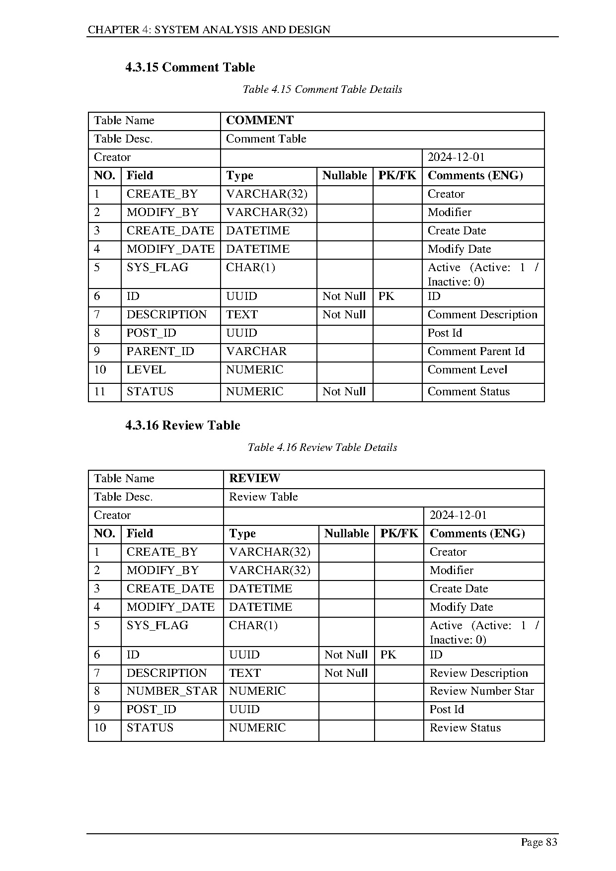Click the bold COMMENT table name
click(260, 121)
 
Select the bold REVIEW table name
click(254, 479)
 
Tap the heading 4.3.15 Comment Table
click(190, 68)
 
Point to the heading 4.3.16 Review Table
click(183, 426)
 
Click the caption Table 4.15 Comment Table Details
click(322, 90)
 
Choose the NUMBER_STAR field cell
click(172, 691)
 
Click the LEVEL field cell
click(146, 370)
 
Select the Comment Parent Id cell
click(476, 352)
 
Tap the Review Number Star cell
click(481, 691)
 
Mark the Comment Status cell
click(468, 392)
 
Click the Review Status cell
click(465, 728)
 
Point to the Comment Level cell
click(467, 370)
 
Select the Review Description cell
click(478, 673)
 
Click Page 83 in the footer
click(539, 842)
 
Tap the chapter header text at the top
click(209, 30)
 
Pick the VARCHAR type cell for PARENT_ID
click(256, 352)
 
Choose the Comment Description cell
click(482, 315)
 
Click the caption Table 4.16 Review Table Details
click(322, 448)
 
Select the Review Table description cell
click(263, 497)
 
